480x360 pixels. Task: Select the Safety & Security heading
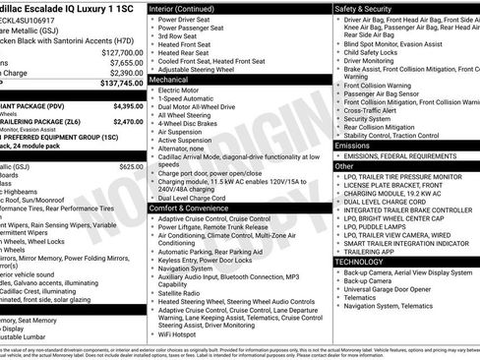click(x=368, y=7)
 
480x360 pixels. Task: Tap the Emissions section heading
click(x=353, y=145)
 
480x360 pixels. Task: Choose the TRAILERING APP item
click(x=371, y=251)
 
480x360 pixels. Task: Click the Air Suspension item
click(x=183, y=132)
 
